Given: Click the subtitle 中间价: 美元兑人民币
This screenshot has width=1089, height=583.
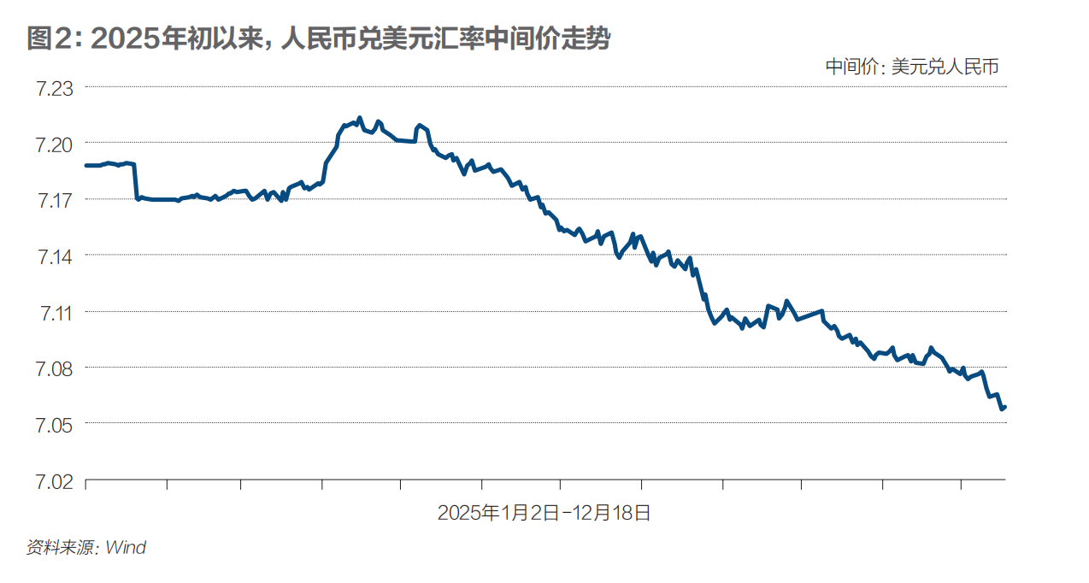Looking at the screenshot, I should point(912,67).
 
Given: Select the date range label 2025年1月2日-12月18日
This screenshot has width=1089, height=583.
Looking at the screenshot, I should point(544,513).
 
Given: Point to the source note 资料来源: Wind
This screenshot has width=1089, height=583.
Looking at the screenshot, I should point(86,547).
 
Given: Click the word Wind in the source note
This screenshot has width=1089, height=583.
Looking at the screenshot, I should point(126,547).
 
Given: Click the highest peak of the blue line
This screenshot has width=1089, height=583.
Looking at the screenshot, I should point(360,118).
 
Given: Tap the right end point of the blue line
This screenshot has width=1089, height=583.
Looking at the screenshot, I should point(1005,407).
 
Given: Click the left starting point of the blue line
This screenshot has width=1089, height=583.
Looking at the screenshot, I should point(86,165).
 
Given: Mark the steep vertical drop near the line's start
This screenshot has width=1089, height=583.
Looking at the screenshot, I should point(135,181).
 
